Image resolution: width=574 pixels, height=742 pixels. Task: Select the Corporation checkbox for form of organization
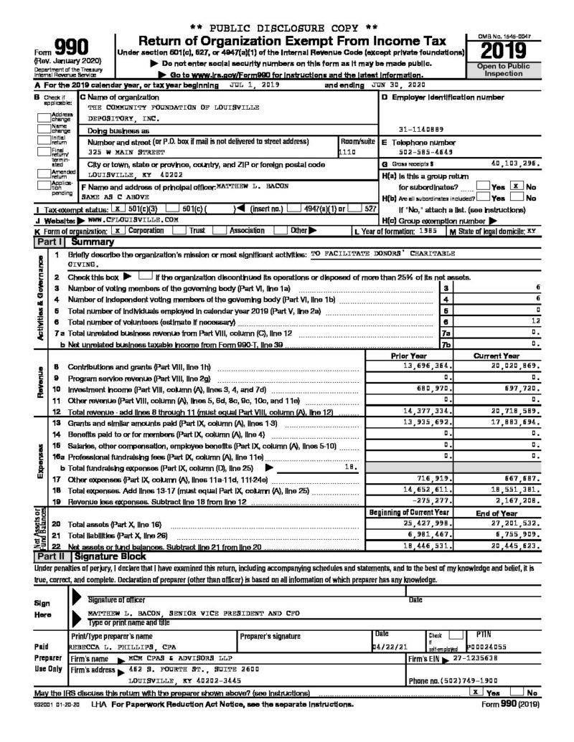(117, 230)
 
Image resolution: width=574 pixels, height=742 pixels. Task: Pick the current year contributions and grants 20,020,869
(514, 366)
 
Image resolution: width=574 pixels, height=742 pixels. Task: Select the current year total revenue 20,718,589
(514, 412)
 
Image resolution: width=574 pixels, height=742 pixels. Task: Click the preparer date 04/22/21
(386, 646)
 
